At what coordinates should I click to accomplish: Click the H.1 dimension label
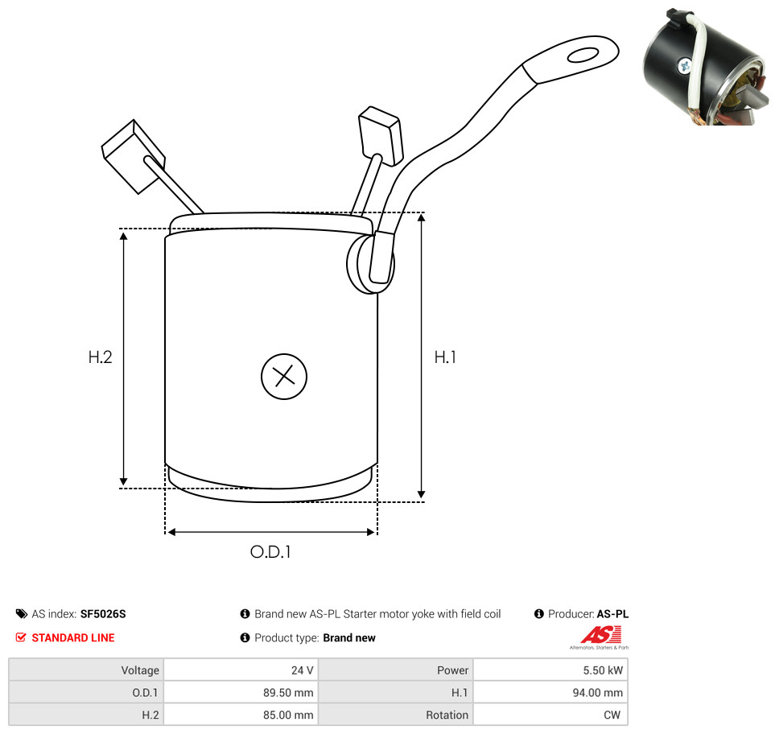(445, 357)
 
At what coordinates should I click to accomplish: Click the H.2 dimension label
(101, 357)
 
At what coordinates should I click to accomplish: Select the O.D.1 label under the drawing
(270, 551)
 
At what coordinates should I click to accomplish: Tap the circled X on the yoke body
(284, 377)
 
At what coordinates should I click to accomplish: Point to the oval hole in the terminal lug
(583, 55)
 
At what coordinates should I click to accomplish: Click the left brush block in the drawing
(133, 157)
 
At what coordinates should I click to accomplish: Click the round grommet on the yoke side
(371, 262)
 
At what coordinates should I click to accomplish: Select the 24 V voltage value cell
(241, 670)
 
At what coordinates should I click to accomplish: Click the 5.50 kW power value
(603, 670)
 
